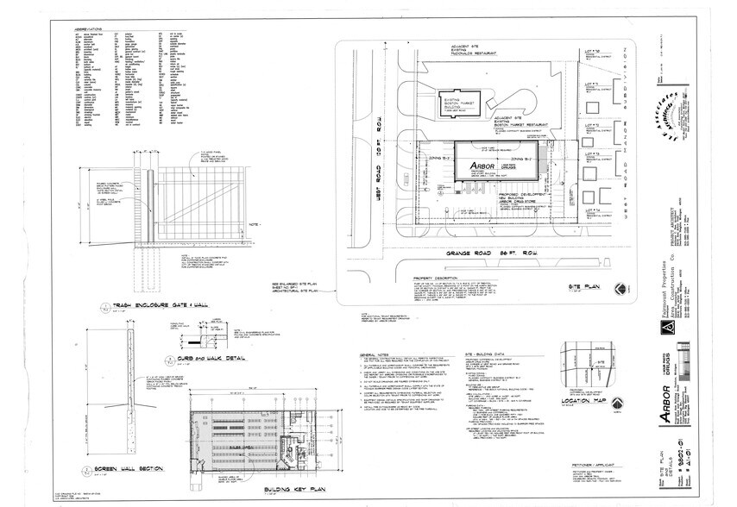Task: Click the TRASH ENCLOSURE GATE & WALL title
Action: pos(158,304)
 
